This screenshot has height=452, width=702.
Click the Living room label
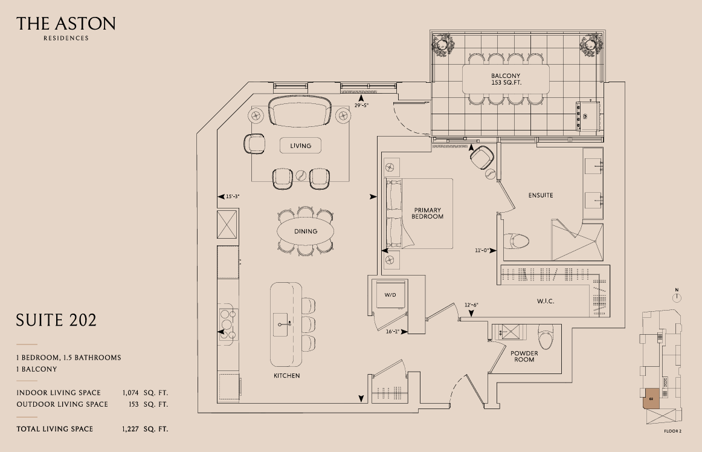[x=300, y=146]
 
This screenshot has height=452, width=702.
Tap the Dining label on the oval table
[x=305, y=231]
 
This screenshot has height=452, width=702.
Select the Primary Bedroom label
[x=427, y=213]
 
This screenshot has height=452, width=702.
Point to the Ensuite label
[x=540, y=195]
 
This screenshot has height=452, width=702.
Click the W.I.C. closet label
[x=545, y=301]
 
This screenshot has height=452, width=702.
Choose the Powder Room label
[x=524, y=357]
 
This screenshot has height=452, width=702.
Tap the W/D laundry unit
[x=389, y=295]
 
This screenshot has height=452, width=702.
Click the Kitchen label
[x=286, y=376]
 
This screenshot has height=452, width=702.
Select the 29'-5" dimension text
[x=361, y=106]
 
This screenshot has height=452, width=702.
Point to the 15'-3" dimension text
[x=233, y=196]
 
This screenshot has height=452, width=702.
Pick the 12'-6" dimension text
[x=471, y=305]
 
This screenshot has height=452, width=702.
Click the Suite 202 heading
[x=56, y=320]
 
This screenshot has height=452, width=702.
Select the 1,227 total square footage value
[x=134, y=429]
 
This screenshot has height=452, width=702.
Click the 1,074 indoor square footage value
[x=134, y=393]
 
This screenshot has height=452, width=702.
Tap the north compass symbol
[x=677, y=296]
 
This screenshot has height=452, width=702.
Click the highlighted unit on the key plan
[x=652, y=399]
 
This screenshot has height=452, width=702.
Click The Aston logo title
[x=66, y=24]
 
